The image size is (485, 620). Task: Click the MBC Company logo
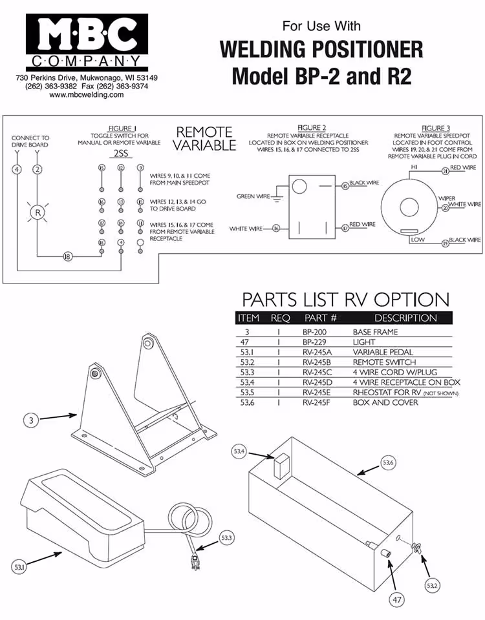(x=87, y=42)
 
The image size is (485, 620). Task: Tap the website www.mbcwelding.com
(x=86, y=95)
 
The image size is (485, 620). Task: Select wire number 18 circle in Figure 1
(x=67, y=256)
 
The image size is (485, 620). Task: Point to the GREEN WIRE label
(x=254, y=196)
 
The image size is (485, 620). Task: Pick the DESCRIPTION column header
(x=405, y=318)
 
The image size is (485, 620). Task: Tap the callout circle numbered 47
(x=397, y=600)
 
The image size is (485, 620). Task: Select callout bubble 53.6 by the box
(x=388, y=462)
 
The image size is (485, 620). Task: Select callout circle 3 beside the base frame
(x=31, y=420)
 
